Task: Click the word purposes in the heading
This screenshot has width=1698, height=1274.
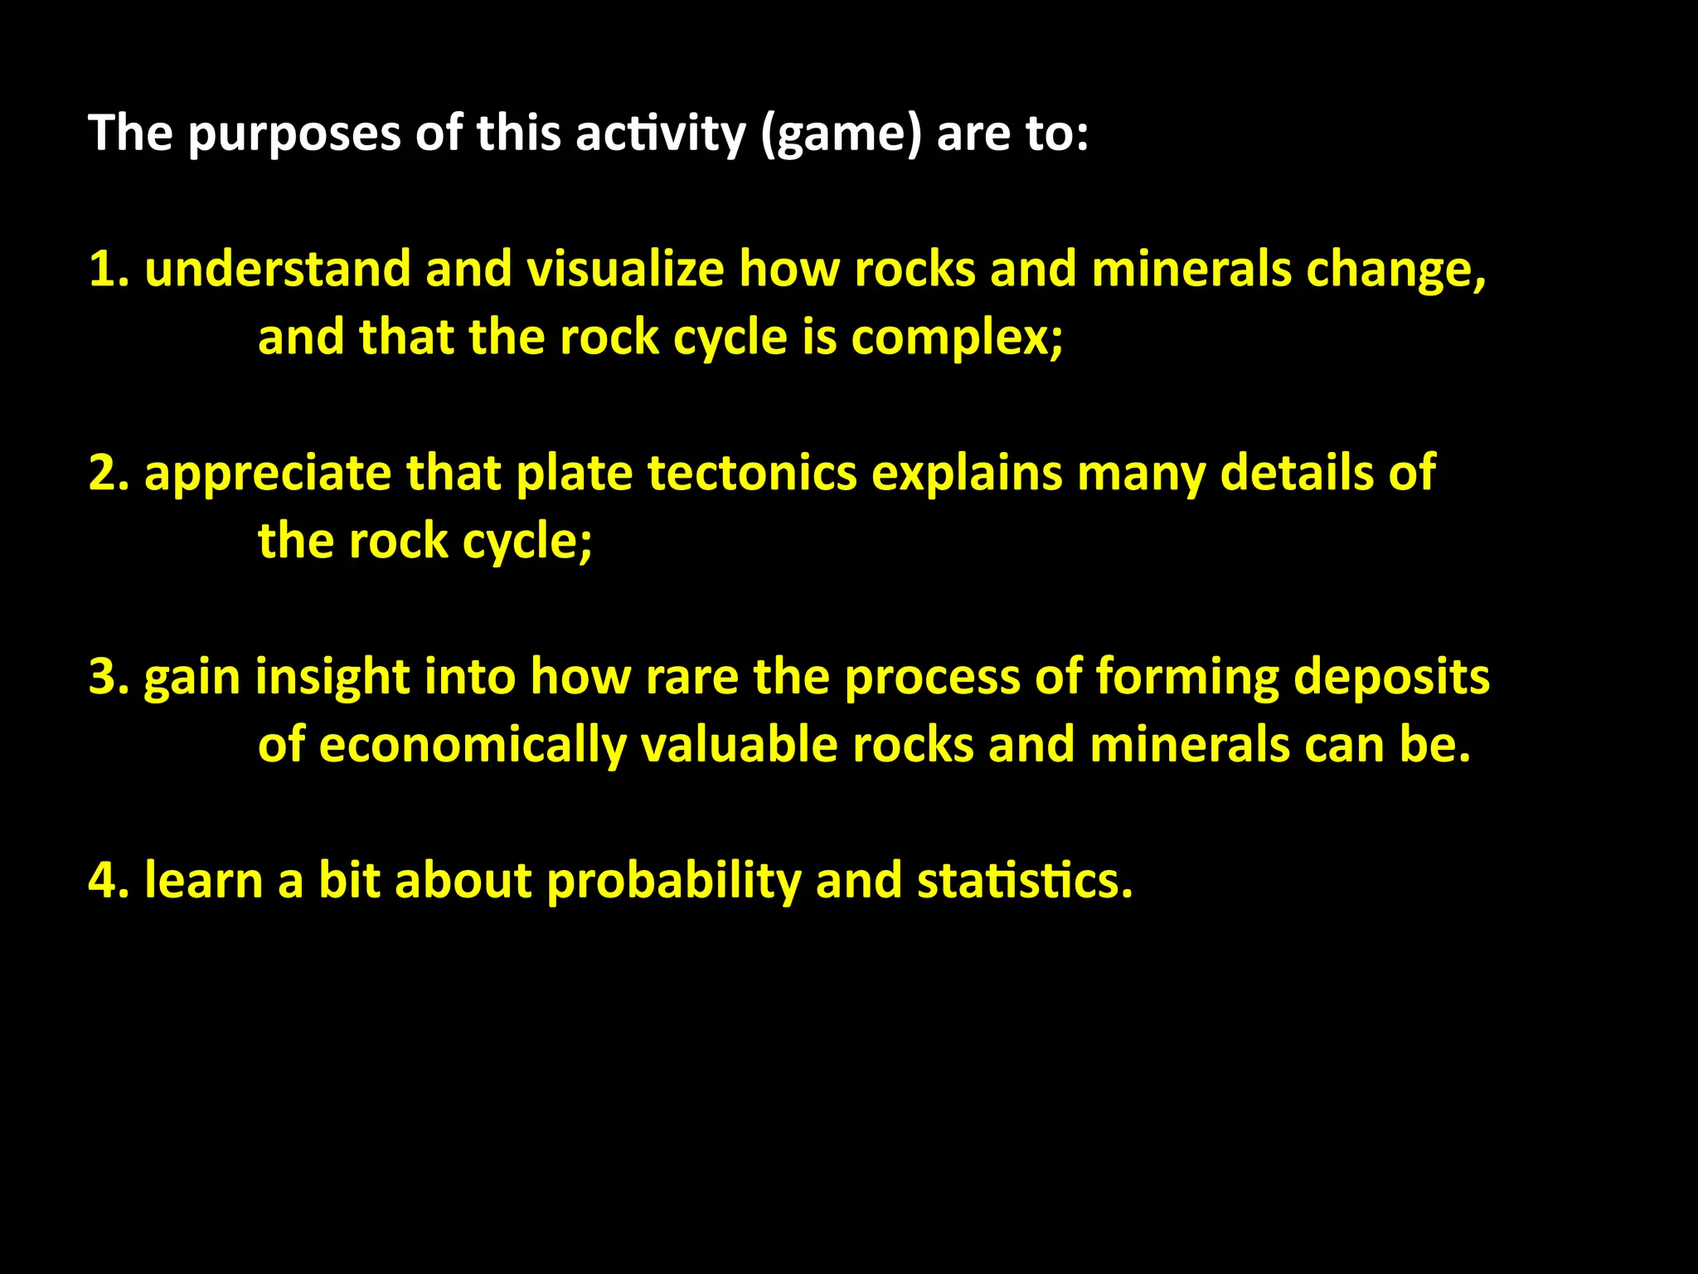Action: [294, 134]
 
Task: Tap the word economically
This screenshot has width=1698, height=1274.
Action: [472, 746]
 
